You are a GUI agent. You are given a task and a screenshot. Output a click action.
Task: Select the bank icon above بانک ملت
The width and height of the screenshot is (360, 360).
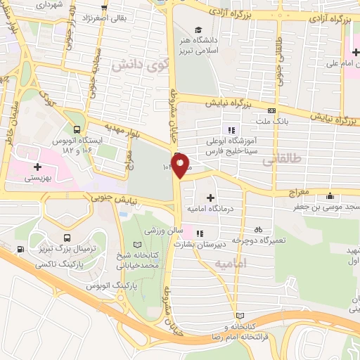(271, 110)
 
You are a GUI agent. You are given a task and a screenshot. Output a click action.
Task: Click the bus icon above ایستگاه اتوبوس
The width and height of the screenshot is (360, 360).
(77, 129)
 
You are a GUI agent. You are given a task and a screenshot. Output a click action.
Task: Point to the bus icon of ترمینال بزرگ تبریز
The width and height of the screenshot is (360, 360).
(66, 238)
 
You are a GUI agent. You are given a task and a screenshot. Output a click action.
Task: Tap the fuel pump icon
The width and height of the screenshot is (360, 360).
(19, 249)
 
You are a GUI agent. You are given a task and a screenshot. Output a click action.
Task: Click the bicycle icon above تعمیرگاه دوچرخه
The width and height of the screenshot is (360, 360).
(258, 229)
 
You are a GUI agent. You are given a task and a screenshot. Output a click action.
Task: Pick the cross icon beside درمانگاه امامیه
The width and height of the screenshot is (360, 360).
(210, 198)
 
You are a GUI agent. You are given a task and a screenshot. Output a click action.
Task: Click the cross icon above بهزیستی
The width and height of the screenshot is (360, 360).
(37, 167)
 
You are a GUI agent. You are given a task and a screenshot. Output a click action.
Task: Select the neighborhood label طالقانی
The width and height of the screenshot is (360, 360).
(278, 160)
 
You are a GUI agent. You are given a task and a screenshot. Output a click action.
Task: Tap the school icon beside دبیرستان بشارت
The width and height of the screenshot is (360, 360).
(200, 233)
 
